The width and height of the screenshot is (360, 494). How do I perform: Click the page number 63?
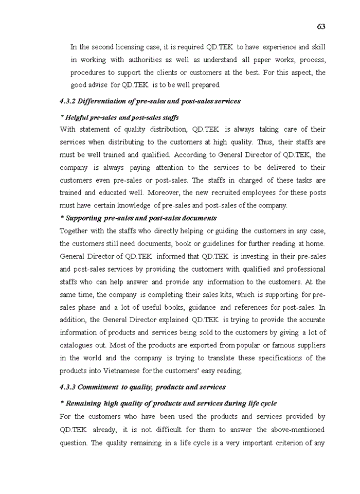pos(321,26)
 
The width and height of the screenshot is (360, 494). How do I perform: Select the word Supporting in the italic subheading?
pos(84,218)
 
